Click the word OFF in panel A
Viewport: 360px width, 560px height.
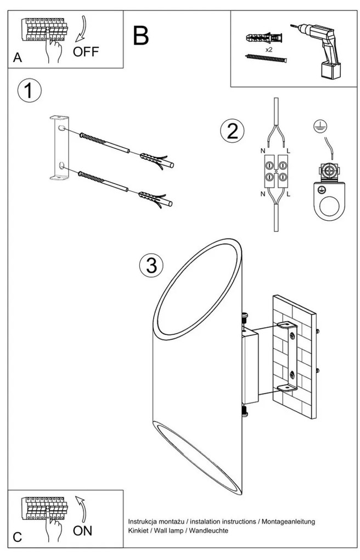tap(86, 52)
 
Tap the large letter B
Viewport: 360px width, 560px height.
tap(140, 36)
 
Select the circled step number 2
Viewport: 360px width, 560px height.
tap(231, 131)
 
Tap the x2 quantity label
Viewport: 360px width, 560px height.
tap(269, 49)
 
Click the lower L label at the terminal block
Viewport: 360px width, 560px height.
tap(289, 194)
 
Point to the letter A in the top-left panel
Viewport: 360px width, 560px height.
tap(18, 58)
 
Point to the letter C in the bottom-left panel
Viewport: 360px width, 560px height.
tap(18, 538)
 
